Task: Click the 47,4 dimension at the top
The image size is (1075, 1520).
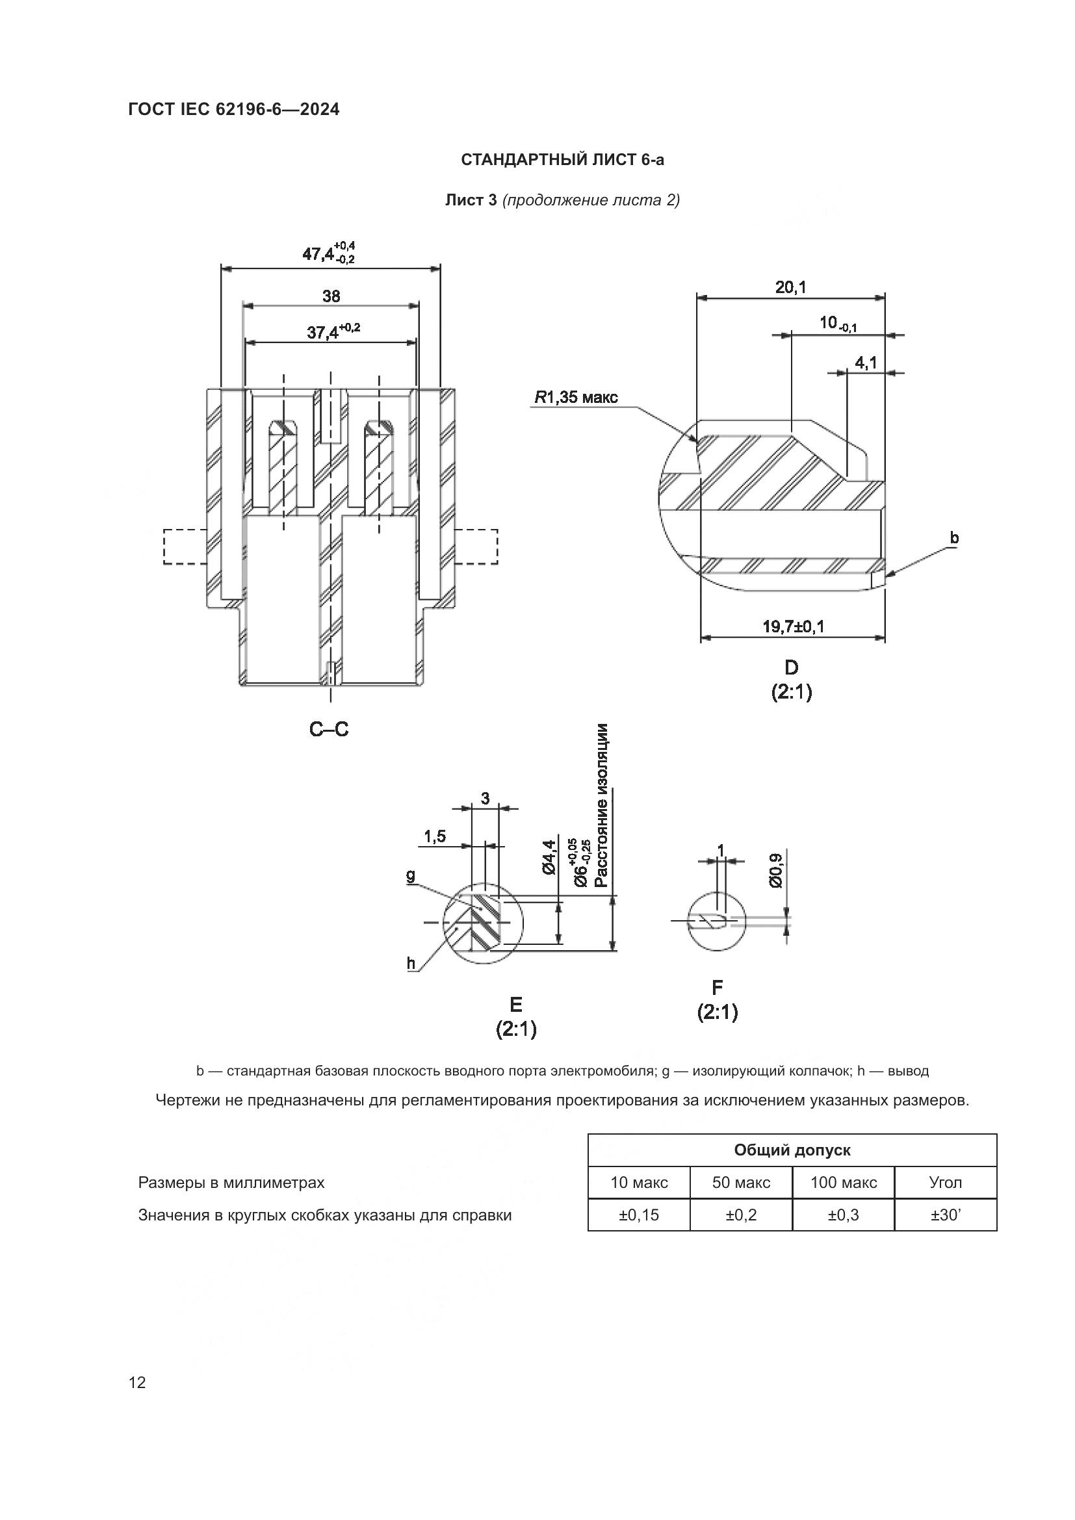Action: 328,253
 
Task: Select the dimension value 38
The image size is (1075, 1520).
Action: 331,296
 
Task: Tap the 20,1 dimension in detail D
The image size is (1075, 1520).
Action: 790,287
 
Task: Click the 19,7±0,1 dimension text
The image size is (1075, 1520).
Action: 793,626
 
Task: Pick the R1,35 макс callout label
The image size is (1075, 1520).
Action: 576,397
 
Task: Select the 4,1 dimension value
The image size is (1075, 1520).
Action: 865,363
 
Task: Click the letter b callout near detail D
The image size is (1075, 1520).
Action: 954,537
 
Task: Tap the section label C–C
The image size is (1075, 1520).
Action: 329,729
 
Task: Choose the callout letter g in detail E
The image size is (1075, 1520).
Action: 410,876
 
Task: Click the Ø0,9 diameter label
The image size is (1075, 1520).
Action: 776,871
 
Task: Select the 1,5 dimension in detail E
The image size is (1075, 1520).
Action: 434,837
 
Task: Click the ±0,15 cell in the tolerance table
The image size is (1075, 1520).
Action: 639,1215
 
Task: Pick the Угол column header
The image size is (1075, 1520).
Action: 945,1181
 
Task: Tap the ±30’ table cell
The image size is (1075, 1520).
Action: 945,1215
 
